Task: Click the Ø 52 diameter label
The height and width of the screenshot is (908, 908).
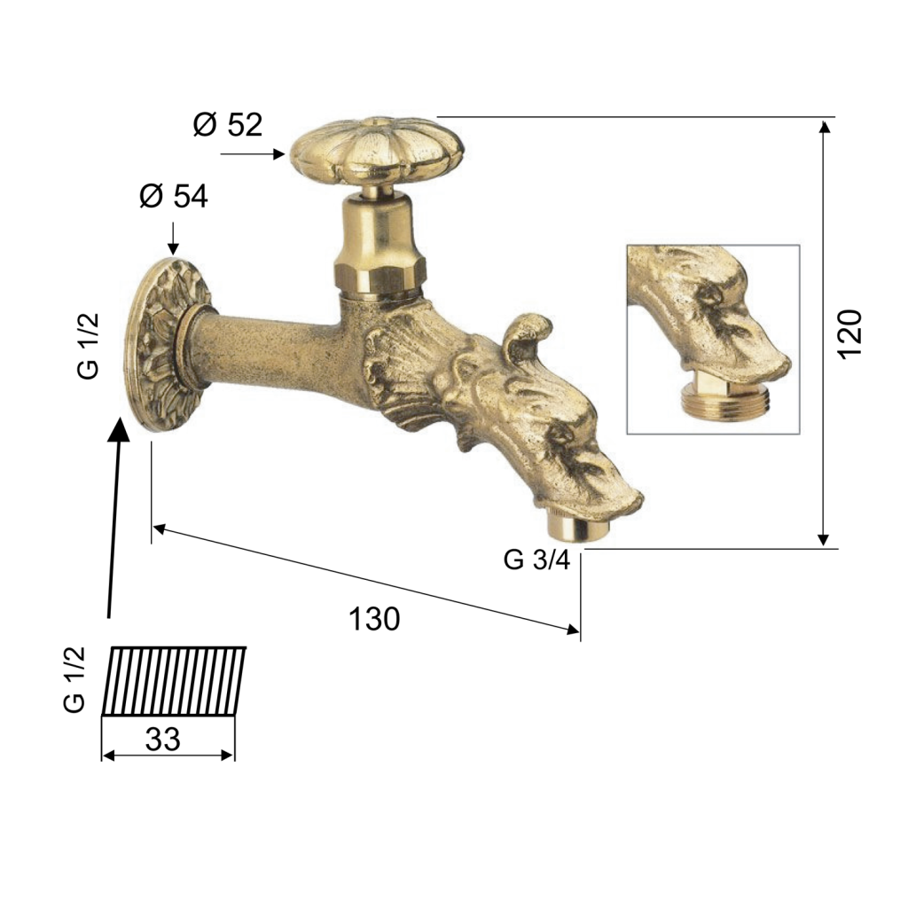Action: click(x=228, y=124)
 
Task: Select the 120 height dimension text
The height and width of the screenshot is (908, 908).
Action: click(x=850, y=334)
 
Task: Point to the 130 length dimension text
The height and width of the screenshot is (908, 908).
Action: click(x=374, y=619)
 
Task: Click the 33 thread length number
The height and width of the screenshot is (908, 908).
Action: click(x=163, y=740)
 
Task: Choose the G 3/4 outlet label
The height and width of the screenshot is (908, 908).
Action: click(x=536, y=560)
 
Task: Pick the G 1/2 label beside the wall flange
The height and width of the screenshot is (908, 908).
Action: click(x=88, y=347)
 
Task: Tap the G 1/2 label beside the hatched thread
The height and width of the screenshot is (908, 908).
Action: click(x=74, y=680)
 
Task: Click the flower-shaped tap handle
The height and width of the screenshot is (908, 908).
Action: click(x=377, y=150)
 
